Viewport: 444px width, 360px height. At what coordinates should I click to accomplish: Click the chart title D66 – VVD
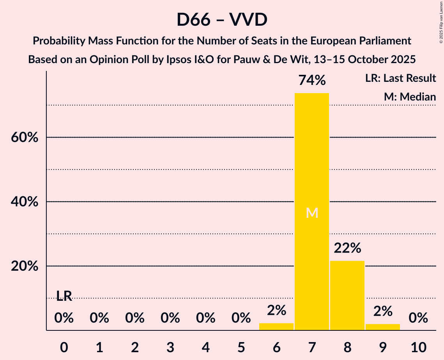pyautogui.click(x=222, y=19)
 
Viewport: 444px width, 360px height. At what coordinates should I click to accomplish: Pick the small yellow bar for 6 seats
pyautogui.click(x=276, y=326)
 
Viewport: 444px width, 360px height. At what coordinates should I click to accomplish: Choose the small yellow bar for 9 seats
pyautogui.click(x=382, y=327)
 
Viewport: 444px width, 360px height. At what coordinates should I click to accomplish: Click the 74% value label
pyautogui.click(x=311, y=81)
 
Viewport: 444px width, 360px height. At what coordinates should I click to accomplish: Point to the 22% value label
pyautogui.click(x=347, y=248)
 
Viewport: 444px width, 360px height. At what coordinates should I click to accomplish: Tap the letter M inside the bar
pyautogui.click(x=312, y=213)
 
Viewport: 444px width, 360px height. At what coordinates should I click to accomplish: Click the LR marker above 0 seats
pyautogui.click(x=64, y=296)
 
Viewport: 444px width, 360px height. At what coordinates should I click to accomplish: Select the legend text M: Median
pyautogui.click(x=410, y=97)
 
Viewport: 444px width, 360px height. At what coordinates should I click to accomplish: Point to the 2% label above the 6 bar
pyautogui.click(x=276, y=311)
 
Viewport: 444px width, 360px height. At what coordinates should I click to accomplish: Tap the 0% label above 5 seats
pyautogui.click(x=241, y=318)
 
